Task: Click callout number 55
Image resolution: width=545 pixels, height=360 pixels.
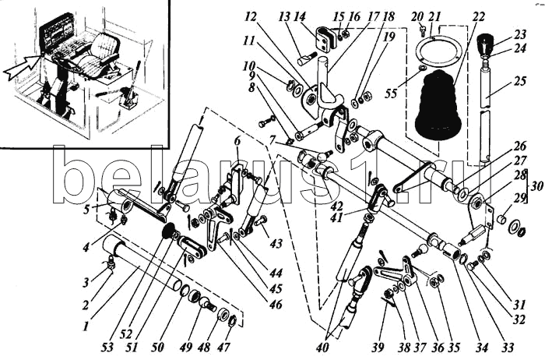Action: (391, 94)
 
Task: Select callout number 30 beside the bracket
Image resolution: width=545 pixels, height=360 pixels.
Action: (537, 186)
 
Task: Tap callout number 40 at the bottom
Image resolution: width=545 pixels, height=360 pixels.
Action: (326, 347)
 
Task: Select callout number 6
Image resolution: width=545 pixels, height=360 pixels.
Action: (237, 141)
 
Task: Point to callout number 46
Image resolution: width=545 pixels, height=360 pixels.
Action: (276, 305)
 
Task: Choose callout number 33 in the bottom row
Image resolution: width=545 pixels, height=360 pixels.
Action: (508, 347)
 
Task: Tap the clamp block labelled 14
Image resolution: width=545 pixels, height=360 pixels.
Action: (325, 40)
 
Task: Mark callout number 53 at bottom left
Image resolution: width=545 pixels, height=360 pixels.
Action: (108, 347)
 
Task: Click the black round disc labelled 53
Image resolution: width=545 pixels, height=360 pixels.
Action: (169, 231)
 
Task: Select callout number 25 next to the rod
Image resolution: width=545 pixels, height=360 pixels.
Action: (520, 81)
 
